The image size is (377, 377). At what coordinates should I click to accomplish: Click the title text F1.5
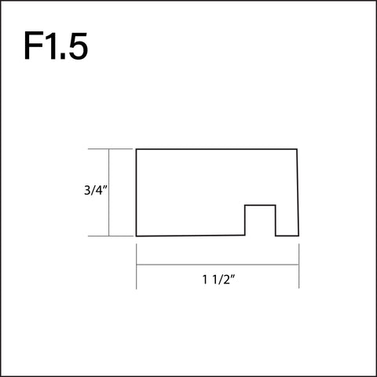click(55, 46)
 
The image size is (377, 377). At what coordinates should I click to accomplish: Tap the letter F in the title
click(34, 46)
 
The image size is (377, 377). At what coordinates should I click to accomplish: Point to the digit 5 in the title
click(78, 46)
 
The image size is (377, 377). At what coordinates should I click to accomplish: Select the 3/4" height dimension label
click(94, 189)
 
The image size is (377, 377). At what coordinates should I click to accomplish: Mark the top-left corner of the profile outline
click(137, 148)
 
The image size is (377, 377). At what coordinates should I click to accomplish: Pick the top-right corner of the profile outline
click(298, 148)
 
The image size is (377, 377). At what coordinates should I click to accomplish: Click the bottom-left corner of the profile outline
click(137, 236)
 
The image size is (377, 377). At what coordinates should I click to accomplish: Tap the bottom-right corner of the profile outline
click(298, 236)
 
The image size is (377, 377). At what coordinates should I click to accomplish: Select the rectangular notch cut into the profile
click(260, 221)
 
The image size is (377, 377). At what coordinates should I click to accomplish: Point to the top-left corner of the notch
click(245, 205)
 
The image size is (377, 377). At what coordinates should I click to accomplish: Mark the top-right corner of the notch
click(276, 205)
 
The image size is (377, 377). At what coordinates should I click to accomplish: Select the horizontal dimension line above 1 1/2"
click(218, 265)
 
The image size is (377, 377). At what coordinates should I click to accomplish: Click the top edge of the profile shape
click(218, 148)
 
